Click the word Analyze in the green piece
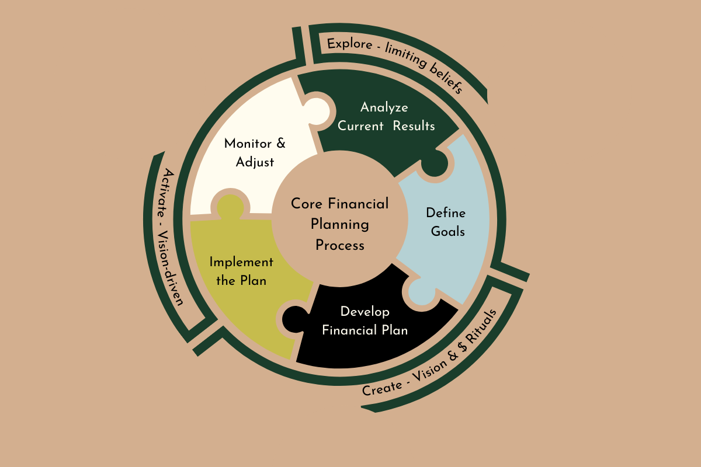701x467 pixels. [x=384, y=107]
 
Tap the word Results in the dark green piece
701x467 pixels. [x=414, y=126]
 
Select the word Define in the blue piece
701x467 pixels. [x=446, y=212]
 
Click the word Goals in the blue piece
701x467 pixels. [x=448, y=231]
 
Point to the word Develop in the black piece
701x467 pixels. [x=365, y=311]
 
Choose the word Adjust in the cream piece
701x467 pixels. [x=255, y=162]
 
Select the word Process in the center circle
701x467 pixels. [x=340, y=245]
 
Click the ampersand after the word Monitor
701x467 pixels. [x=280, y=144]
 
